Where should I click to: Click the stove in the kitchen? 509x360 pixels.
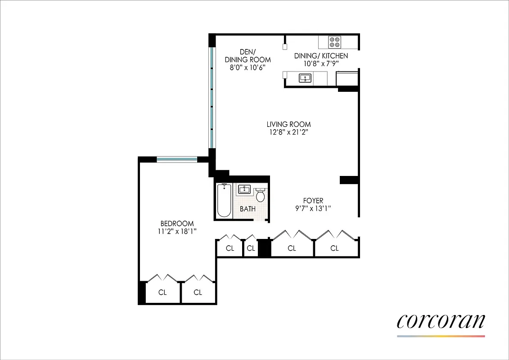coord(334,42)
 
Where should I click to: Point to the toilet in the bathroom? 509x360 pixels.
coord(261,196)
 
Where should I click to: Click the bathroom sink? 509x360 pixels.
coord(244,189)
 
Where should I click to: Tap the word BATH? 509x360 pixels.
coord(248,209)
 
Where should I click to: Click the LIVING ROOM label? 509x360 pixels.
coord(288,125)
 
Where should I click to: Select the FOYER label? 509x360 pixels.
coord(313,201)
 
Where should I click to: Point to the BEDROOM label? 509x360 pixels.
coord(177,223)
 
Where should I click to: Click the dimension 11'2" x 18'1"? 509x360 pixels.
coord(177,231)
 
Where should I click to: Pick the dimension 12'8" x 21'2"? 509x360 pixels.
coord(288,132)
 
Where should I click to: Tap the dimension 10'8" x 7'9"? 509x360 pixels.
coord(321,63)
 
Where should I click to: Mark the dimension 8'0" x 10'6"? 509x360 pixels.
coord(248,67)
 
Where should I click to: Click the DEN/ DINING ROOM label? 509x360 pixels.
coord(248,55)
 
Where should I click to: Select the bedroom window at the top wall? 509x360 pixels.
coord(177,159)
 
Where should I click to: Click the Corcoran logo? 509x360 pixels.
coord(441,321)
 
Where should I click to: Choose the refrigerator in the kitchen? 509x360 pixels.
coord(347,79)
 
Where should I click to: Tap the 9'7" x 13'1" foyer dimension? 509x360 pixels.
coord(313,208)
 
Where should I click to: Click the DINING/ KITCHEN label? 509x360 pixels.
coord(321,56)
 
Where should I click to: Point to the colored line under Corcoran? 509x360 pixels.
coord(441,336)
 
